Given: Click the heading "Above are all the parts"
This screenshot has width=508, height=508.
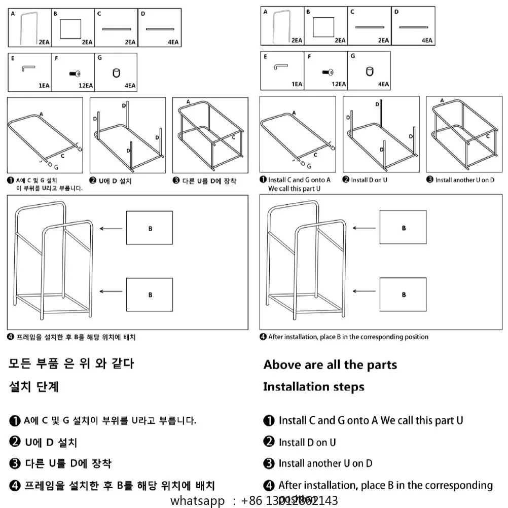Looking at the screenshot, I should point(330,365).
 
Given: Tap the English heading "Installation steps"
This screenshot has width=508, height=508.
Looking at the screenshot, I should point(313,387).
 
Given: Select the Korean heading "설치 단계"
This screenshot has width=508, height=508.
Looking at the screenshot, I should point(34,387).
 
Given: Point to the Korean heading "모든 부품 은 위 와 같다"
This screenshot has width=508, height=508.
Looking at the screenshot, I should point(71,364).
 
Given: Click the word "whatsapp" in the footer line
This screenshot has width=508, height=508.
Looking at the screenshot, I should point(197,501).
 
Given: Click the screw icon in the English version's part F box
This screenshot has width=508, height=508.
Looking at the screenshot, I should point(328,72).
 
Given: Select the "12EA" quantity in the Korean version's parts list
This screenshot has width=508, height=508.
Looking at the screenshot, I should point(85,86).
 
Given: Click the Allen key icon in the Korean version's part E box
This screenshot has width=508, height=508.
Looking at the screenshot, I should point(28,69).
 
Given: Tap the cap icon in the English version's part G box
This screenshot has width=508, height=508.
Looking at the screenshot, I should point(369,71).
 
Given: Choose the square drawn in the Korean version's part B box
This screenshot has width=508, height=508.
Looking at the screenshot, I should point(70,29).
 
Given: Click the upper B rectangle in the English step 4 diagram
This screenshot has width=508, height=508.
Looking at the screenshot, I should point(403,227).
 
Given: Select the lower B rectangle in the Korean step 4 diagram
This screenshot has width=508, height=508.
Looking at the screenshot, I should point(150,295).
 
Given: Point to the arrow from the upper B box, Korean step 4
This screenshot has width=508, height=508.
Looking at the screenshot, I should point(111,229).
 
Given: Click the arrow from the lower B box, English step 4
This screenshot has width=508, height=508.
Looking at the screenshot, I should point(364,292).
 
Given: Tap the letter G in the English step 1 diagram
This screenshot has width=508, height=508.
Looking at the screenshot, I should point(309,165).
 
